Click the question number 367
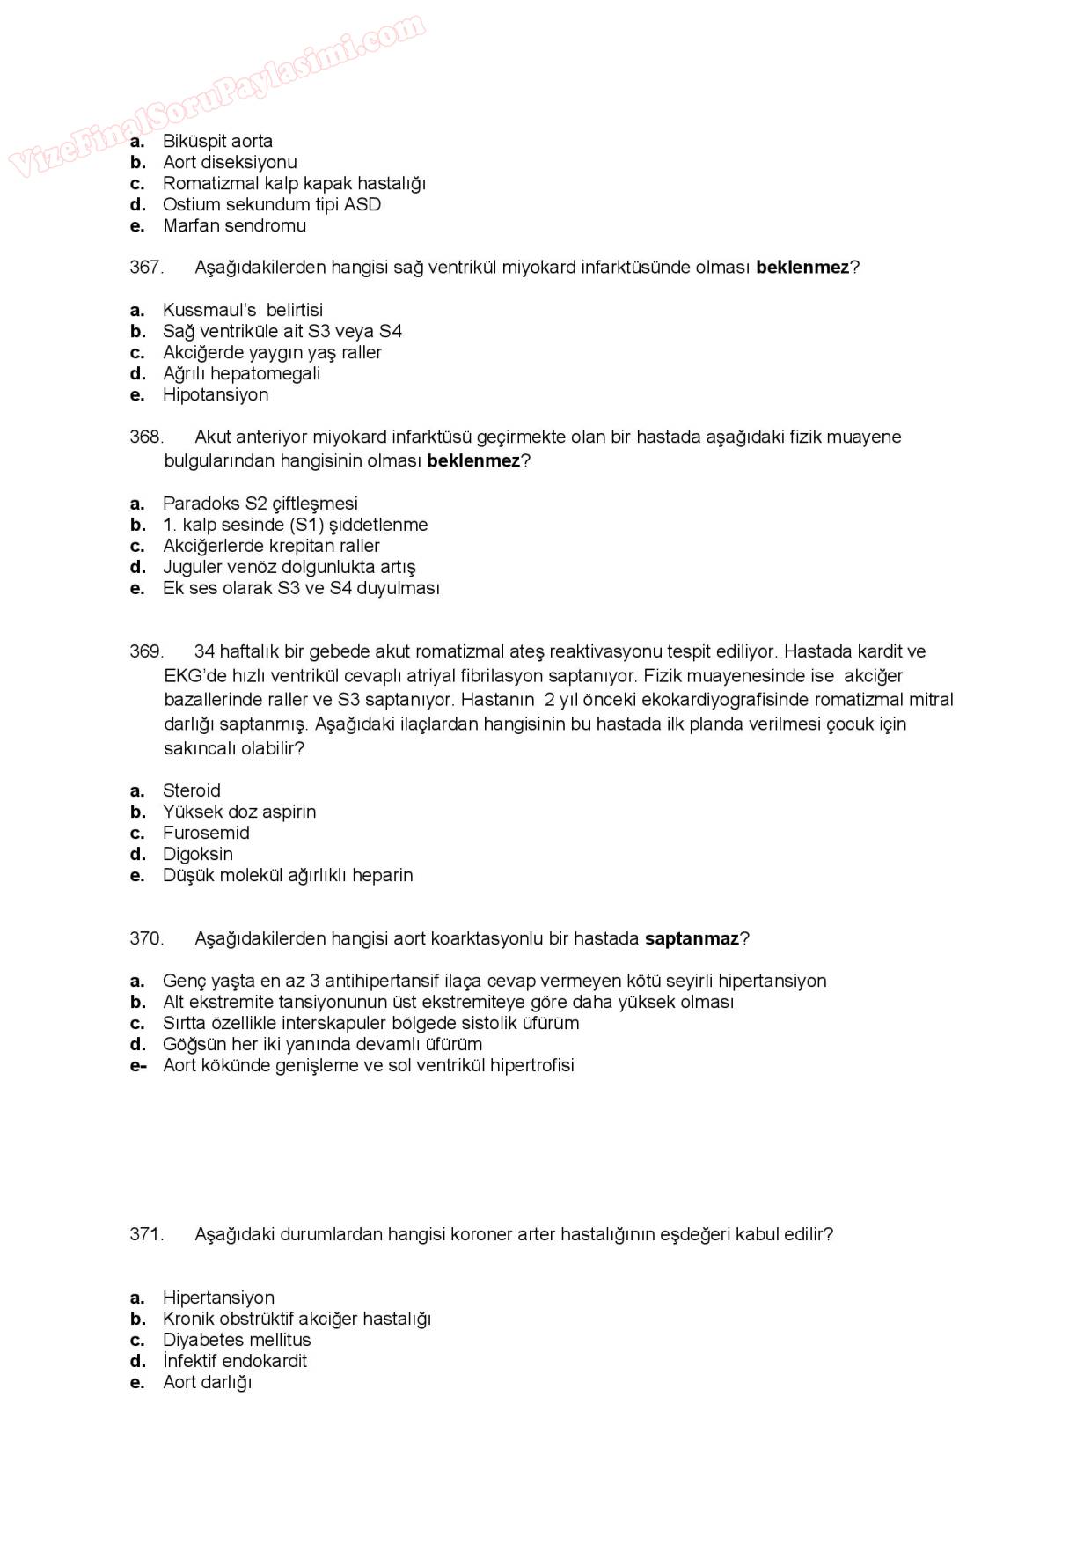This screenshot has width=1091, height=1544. click(146, 268)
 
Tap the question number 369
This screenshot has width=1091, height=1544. click(146, 651)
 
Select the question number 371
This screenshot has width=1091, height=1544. click(146, 1234)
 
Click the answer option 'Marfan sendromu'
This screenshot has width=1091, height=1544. click(234, 225)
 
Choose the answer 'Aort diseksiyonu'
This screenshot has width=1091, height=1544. click(230, 162)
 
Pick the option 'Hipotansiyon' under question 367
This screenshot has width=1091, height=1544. click(216, 394)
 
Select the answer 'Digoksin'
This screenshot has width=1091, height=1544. click(198, 854)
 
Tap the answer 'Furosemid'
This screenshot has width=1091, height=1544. click(206, 833)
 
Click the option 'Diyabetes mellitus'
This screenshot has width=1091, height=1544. click(237, 1340)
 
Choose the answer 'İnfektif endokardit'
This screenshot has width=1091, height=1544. click(235, 1361)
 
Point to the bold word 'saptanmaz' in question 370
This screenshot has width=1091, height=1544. click(692, 938)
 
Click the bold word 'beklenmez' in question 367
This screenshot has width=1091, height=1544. click(802, 268)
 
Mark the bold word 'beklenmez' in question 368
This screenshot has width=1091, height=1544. click(473, 460)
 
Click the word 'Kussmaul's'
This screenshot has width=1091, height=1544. click(209, 310)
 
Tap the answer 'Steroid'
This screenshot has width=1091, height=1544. click(192, 790)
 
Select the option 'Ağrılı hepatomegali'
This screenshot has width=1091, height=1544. click(241, 373)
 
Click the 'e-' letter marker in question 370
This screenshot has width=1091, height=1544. click(137, 1065)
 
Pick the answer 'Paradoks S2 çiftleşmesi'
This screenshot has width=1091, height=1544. click(260, 504)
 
